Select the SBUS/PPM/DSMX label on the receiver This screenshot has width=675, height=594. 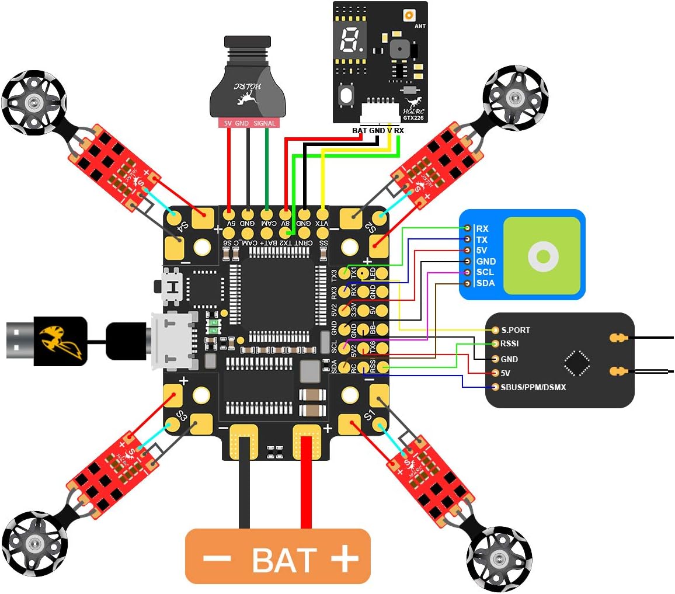click(x=533, y=387)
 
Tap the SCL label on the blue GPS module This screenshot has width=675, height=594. click(x=485, y=272)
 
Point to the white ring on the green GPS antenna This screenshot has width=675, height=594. click(x=543, y=256)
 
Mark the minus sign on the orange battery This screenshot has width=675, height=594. click(x=217, y=558)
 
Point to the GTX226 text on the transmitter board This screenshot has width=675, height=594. click(x=415, y=117)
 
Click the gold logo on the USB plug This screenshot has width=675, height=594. click(x=60, y=341)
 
